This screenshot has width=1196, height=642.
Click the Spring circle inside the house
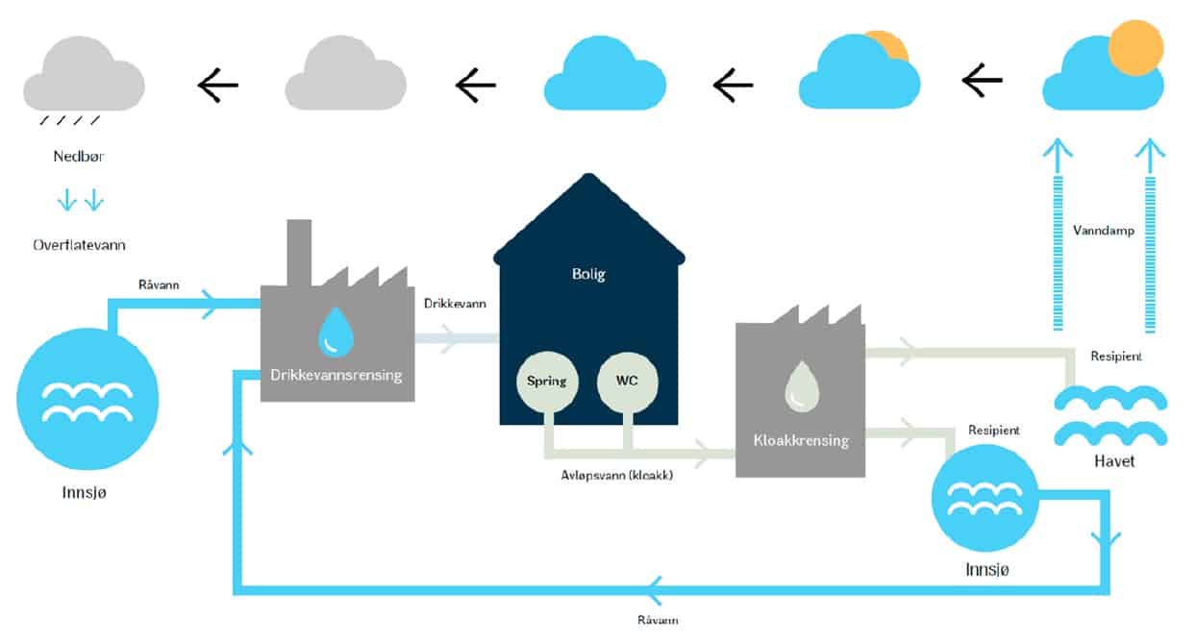pos(545,382)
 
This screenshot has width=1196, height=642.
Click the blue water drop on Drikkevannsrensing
pos(335,331)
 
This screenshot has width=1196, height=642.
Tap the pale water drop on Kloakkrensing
pos(801,386)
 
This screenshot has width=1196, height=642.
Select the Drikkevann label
pos(455,304)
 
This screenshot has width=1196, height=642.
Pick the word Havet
pos(1114,461)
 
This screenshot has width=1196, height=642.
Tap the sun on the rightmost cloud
pos(1135,49)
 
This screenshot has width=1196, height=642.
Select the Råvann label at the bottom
pos(658,620)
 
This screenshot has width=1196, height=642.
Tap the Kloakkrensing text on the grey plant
pos(801,441)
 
